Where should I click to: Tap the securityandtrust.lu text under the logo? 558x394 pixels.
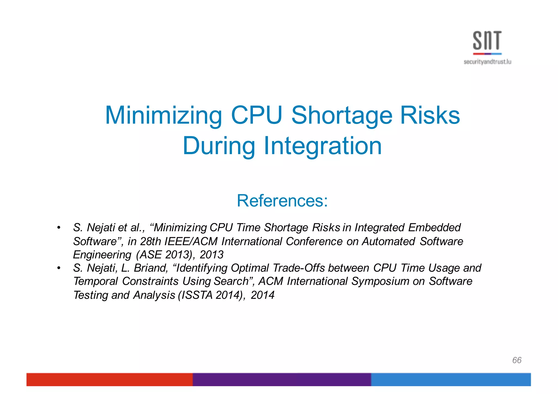pos(487,62)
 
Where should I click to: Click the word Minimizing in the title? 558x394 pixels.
pos(163,115)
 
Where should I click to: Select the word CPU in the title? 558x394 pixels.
pos(256,115)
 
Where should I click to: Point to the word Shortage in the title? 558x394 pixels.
pos(342,115)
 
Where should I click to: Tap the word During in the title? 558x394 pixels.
pos(219,146)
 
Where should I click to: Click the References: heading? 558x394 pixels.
pos(282,201)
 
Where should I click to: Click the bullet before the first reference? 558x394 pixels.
pos(59,228)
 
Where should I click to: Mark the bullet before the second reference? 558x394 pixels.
pos(59,268)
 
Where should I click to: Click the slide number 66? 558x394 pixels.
pos(517,360)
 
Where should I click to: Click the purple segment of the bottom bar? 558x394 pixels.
pos(282,379)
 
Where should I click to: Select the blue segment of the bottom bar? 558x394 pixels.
pos(451,379)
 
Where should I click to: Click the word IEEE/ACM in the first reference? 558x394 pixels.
pos(191,242)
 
